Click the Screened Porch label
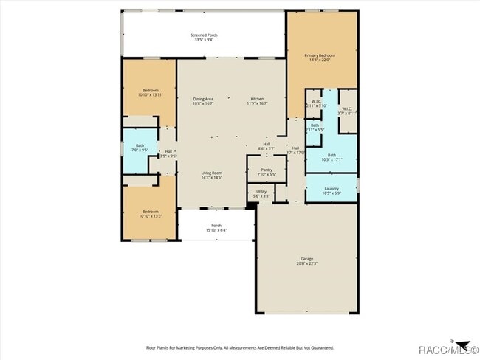click(x=204, y=35)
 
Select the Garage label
click(x=306, y=259)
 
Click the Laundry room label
click(x=332, y=188)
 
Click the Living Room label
click(x=212, y=173)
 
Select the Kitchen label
click(x=257, y=99)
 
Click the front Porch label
click(x=216, y=225)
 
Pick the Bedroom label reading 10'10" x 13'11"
click(x=150, y=90)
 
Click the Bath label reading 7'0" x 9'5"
click(x=140, y=147)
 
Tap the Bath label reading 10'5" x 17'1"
click(x=332, y=155)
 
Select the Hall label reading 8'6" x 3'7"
click(x=266, y=144)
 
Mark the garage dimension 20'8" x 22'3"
click(x=306, y=263)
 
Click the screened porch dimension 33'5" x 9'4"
click(x=204, y=40)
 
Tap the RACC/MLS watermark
click(x=446, y=350)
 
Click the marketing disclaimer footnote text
click(x=240, y=347)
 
